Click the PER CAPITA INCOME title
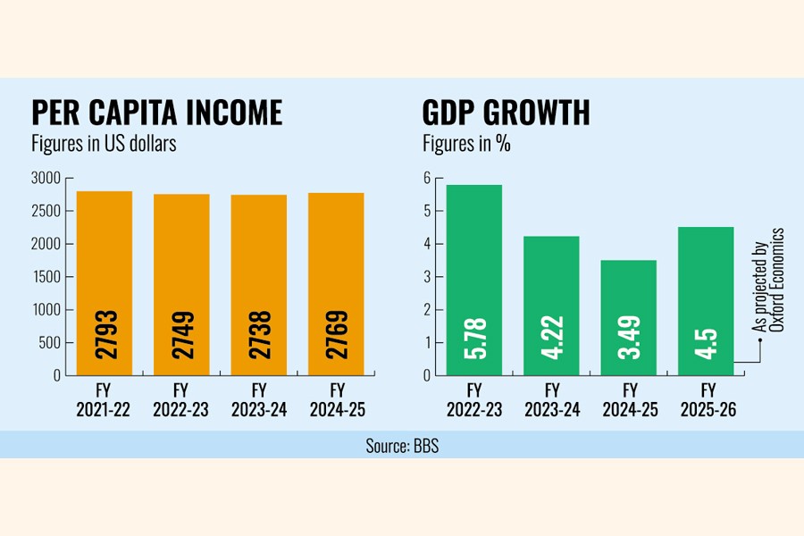[156, 113]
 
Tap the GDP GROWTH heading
[506, 113]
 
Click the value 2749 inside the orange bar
[182, 334]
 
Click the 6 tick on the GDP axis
[427, 179]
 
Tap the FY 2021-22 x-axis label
[105, 400]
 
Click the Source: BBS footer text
[402, 445]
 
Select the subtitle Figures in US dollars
[104, 145]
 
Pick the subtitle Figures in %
[466, 145]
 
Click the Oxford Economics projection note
[768, 280]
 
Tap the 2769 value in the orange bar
[337, 334]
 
